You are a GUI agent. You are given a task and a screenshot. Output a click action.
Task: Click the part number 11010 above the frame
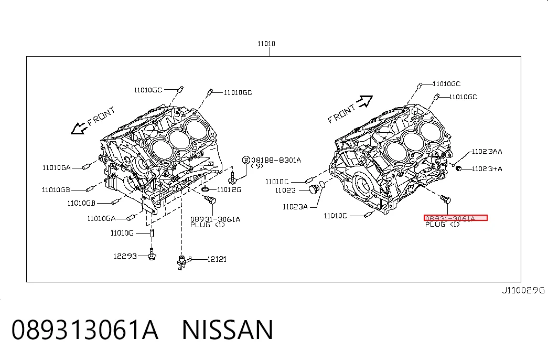266,44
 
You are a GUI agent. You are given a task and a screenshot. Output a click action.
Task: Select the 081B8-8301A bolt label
276,160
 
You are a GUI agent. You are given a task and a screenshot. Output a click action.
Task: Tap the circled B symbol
246,160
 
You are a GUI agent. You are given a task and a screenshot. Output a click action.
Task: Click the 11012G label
229,189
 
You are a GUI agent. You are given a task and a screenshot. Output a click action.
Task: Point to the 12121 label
217,259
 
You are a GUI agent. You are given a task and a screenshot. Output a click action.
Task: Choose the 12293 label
125,256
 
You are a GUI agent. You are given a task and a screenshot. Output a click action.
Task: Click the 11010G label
122,233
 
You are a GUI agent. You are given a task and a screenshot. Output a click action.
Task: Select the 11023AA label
487,152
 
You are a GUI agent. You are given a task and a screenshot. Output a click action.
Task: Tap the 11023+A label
487,168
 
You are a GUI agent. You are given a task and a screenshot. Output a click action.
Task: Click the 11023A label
295,207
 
